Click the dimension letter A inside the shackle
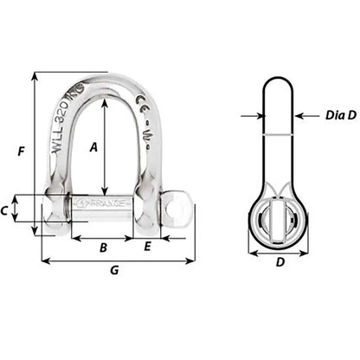pyautogui.click(x=93, y=147)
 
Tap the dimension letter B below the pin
pyautogui.click(x=103, y=247)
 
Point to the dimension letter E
pyautogui.click(x=148, y=247)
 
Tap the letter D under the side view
pyautogui.click(x=280, y=262)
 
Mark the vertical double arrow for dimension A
pyautogui.click(x=105, y=147)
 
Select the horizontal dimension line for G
pyautogui.click(x=119, y=260)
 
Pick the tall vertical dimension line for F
pyautogui.click(x=35, y=152)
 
